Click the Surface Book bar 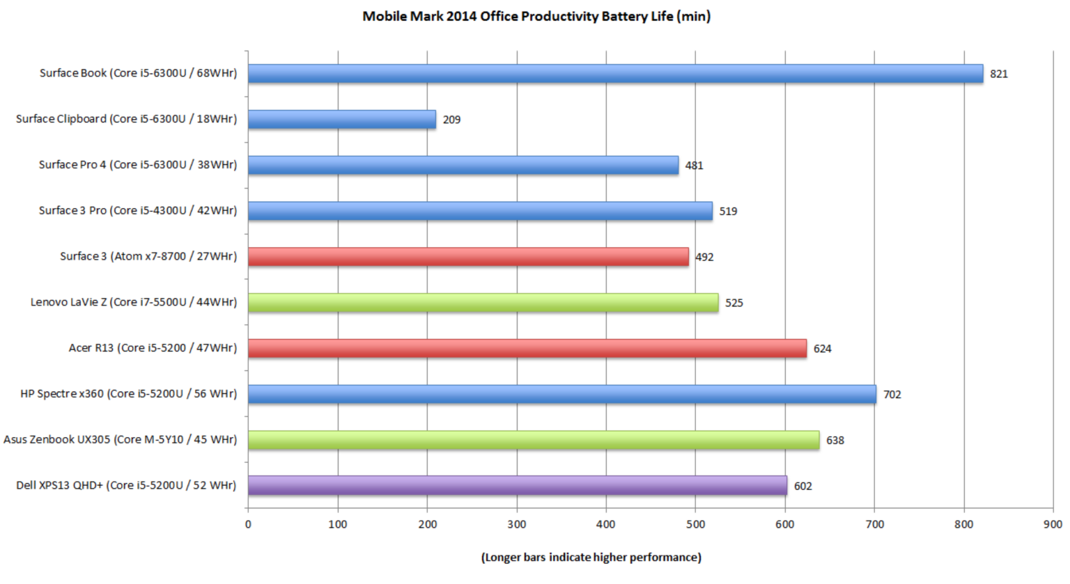[615, 73]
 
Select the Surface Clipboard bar [342, 119]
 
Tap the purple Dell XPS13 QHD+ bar [518, 485]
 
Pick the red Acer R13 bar [527, 348]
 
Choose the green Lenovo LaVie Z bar [483, 302]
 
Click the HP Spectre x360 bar [562, 394]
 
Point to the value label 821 [999, 74]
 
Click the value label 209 [451, 120]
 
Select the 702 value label [892, 395]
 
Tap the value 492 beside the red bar [704, 257]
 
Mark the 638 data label [835, 441]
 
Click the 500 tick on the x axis [695, 524]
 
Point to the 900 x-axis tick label [1053, 524]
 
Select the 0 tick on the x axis [248, 524]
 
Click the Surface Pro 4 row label [138, 164]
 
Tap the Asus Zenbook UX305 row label [120, 439]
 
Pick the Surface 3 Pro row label [138, 210]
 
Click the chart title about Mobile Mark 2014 [536, 16]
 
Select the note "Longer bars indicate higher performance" [591, 557]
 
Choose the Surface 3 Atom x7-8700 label [148, 256]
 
